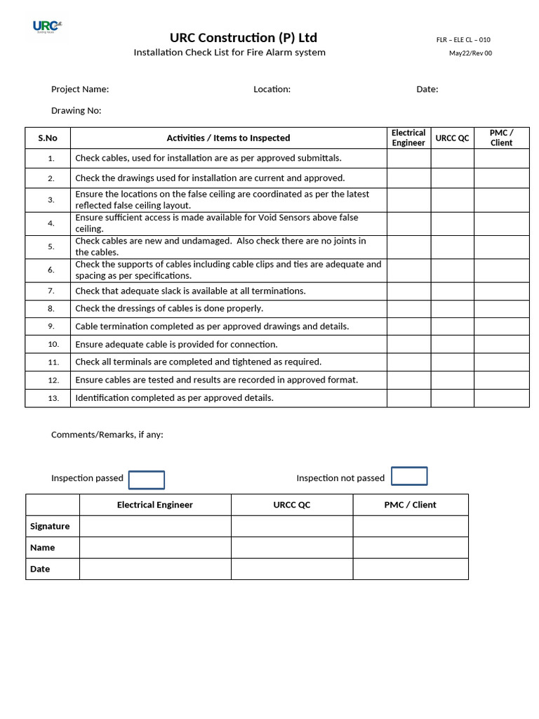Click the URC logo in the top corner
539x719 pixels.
point(46,27)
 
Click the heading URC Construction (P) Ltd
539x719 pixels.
point(243,38)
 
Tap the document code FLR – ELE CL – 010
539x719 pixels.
point(463,40)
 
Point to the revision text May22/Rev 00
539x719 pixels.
point(470,53)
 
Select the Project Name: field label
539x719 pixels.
point(80,89)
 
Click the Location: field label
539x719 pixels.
point(272,89)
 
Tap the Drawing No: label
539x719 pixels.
point(76,110)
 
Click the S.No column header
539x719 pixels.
point(48,138)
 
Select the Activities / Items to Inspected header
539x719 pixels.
point(228,138)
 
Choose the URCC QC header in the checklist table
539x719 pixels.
point(452,138)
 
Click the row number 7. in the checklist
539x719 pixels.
point(51,291)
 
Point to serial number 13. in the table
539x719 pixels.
point(53,398)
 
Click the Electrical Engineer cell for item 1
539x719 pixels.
point(408,159)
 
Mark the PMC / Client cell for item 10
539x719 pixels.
point(501,345)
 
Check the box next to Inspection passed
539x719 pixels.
point(147,480)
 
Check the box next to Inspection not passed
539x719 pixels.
point(409,476)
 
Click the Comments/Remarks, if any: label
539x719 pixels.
point(107,435)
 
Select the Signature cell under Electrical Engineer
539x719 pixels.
point(155,527)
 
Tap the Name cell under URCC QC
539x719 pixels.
point(291,548)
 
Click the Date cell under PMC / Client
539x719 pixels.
point(410,569)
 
